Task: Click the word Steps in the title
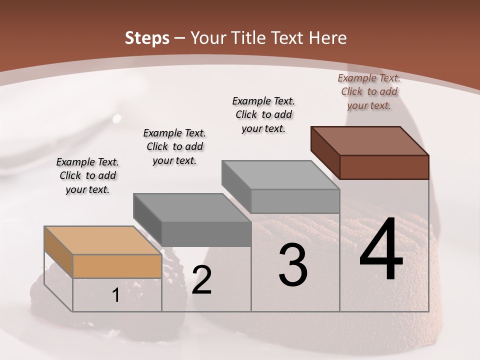pos(146,38)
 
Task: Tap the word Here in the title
pos(327,38)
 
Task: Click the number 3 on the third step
pos(293,265)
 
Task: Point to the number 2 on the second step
pos(201,280)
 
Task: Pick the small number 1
pos(116,295)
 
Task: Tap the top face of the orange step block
pos(102,240)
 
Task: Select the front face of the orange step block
pos(117,266)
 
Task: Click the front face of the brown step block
pos(384,167)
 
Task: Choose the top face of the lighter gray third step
pos(280,175)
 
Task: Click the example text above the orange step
pos(87,175)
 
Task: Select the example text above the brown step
pos(369,91)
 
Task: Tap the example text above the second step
pos(174,146)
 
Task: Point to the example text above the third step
pos(263,114)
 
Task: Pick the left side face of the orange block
pos(58,252)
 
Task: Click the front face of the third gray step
pos(295,201)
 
